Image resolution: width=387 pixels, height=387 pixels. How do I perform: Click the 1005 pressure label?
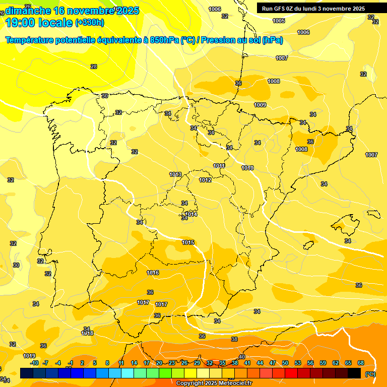point(279,21)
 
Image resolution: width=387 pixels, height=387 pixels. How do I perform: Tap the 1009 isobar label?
point(260,105)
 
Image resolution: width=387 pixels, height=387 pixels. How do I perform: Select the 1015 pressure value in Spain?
point(188,242)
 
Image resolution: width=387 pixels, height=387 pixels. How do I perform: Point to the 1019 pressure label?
point(29,356)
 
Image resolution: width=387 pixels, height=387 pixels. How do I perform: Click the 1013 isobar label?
point(175,174)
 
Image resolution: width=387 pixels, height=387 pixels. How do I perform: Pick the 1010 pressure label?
point(247,168)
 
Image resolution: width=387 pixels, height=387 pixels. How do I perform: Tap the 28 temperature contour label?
point(94,67)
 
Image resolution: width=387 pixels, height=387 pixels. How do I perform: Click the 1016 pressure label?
point(153,273)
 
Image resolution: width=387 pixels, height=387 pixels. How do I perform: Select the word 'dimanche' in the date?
point(28,11)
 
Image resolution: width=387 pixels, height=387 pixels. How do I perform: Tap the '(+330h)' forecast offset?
point(90,23)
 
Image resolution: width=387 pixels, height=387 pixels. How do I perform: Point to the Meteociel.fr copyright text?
point(214,383)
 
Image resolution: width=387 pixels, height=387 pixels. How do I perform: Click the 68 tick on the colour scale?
point(361,363)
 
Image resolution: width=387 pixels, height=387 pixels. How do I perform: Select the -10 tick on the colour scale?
point(34,363)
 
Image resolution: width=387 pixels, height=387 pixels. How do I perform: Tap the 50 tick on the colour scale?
point(285,363)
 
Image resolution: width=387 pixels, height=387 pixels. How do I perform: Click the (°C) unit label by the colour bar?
point(370,373)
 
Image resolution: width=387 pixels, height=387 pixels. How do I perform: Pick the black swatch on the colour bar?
point(354,373)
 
